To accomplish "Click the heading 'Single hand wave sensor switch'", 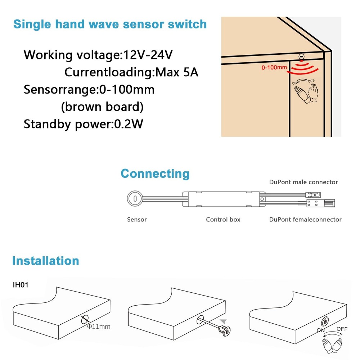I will pos(110,24).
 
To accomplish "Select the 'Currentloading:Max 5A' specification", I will pos(131,72).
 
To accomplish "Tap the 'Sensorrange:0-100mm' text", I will pos(89,89).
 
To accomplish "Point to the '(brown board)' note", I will pos(102,107).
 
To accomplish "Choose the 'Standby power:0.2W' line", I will pos(84,124).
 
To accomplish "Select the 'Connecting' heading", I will pos(155,174).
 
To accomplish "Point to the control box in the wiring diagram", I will pos(223,198).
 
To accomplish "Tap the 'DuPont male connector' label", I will pos(303,182).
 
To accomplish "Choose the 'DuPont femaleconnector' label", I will pos(305,219).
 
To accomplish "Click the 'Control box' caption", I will pos(223,219).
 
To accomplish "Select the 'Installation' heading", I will pos(45,261).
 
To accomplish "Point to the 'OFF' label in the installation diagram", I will pos(342,329).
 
